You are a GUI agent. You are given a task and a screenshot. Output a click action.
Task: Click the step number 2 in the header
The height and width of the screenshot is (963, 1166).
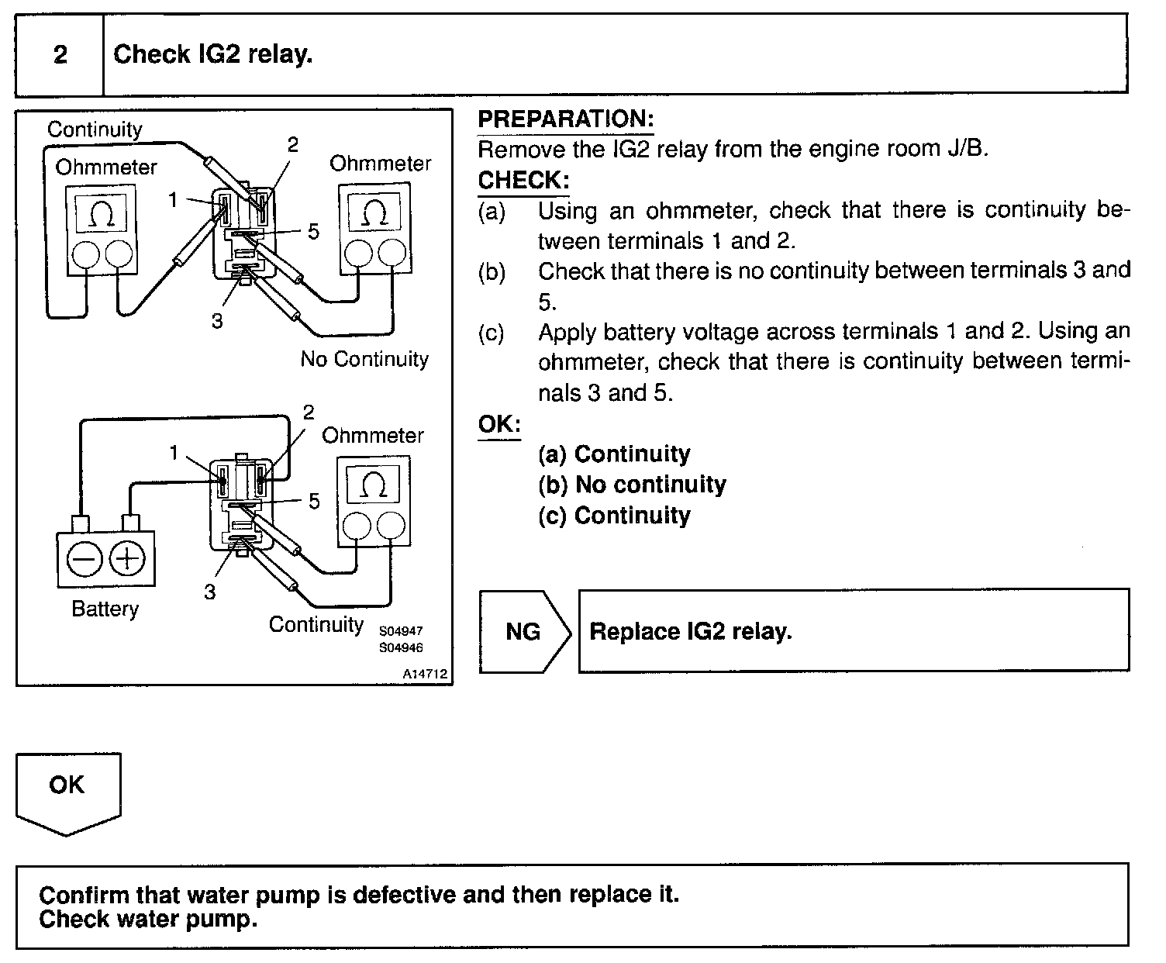tap(60, 55)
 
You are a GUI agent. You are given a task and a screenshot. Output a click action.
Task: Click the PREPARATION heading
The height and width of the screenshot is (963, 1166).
tap(566, 119)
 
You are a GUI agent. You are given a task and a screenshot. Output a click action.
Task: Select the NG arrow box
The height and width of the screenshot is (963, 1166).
tap(523, 631)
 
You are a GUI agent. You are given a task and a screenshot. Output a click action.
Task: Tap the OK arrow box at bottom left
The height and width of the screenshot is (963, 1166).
tap(67, 787)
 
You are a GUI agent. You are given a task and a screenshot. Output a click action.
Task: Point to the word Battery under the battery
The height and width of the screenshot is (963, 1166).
tap(105, 609)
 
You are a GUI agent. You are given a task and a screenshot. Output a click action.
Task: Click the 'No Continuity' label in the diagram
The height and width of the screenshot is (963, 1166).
tap(364, 359)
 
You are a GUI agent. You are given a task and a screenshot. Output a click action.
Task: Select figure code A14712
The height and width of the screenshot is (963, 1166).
tap(425, 675)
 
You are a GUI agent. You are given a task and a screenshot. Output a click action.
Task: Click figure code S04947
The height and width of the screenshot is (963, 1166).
tap(401, 631)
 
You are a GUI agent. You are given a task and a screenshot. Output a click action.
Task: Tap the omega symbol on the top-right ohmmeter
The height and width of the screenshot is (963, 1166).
tap(374, 211)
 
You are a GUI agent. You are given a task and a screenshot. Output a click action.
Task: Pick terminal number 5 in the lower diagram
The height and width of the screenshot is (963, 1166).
tap(314, 502)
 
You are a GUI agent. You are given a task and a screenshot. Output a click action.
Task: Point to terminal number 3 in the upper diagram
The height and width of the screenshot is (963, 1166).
tap(217, 321)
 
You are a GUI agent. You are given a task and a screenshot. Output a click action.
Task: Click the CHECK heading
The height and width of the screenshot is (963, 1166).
tap(523, 181)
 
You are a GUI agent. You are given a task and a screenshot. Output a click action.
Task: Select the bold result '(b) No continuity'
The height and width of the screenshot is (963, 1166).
tap(632, 485)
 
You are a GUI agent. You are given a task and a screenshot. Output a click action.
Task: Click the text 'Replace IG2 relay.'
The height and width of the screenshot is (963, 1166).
tap(691, 631)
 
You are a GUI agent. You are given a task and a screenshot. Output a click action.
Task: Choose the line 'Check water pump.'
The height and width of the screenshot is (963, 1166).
tap(147, 920)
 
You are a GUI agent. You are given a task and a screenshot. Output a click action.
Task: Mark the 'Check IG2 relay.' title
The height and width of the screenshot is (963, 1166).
tap(213, 55)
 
